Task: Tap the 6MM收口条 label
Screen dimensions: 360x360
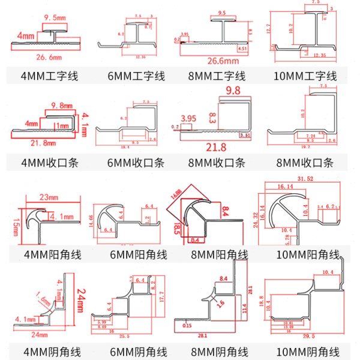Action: click(x=136, y=163)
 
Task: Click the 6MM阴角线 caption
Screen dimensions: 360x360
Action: click(x=136, y=352)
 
